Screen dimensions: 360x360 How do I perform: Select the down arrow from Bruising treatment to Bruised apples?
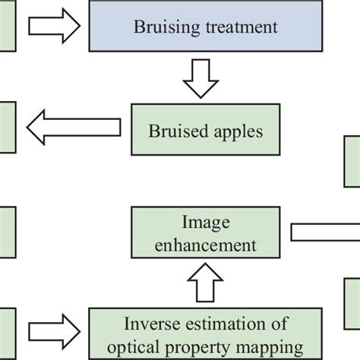[x=200, y=79]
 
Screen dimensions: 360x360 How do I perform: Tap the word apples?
[x=236, y=131]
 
